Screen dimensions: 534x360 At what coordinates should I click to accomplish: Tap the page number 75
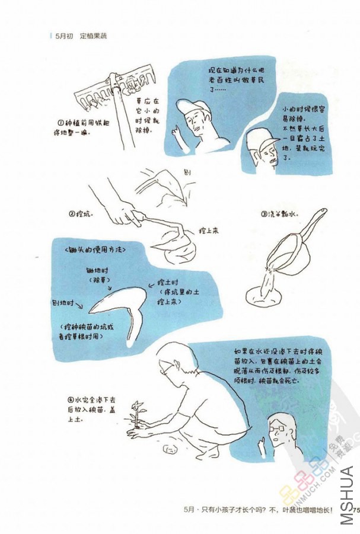(x=355, y=509)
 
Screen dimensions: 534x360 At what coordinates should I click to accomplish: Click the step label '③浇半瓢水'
(x=278, y=214)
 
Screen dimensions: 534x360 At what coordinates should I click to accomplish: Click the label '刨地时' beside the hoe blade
(x=66, y=302)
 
